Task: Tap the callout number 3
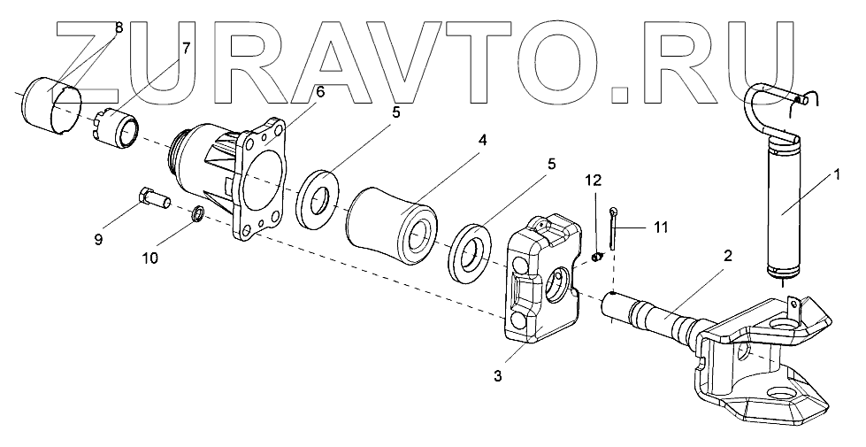pos(498,376)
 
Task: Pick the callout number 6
pos(320,90)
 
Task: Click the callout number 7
pos(186,48)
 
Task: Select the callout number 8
pos(118,28)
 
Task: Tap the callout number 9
pos(99,239)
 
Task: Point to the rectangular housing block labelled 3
pos(541,279)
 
